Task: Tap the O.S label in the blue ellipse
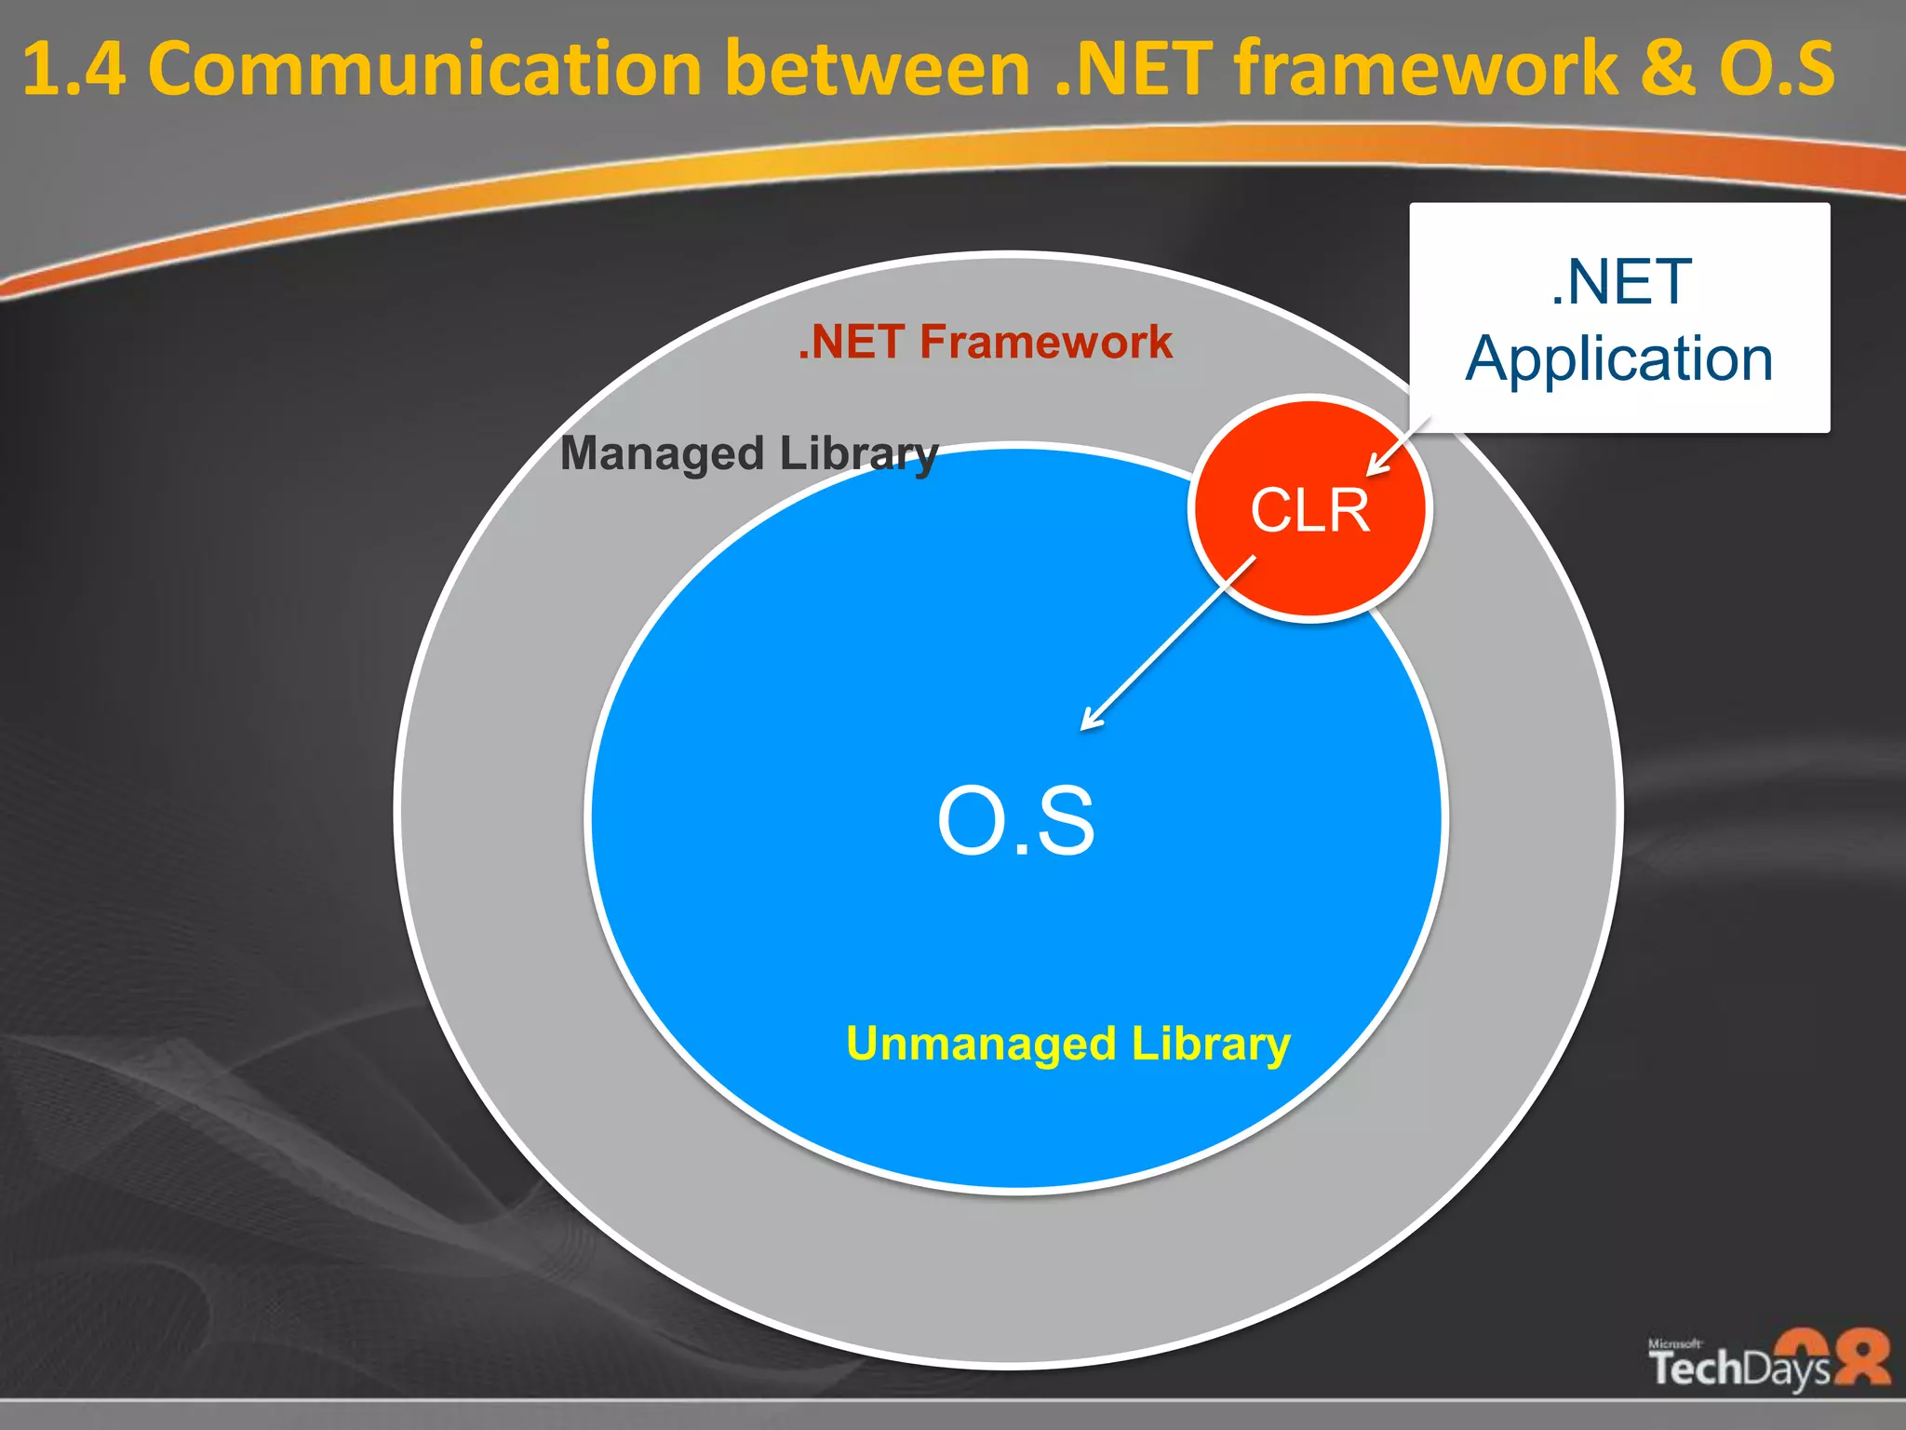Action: pos(1016,821)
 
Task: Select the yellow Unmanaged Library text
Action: pos(1067,1044)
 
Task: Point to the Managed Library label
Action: pos(749,454)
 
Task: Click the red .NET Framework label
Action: pos(986,342)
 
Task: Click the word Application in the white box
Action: pos(1619,359)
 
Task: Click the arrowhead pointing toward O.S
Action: pos(1091,720)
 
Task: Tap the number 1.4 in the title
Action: pos(73,70)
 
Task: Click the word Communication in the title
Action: pos(424,70)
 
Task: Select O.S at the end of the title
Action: pos(1777,70)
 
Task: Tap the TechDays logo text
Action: pos(1738,1369)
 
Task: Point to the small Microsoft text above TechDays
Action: pos(1674,1343)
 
